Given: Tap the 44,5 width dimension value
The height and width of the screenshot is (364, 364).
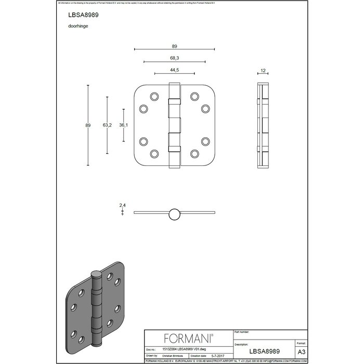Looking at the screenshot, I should coord(174,69).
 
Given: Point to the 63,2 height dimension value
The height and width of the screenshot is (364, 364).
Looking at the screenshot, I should coord(107,125).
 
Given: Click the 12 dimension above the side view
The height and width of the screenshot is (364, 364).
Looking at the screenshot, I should coord(264,69).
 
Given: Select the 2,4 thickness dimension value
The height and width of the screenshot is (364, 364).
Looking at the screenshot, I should coord(122,205).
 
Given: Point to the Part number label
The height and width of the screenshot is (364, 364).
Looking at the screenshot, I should coord(246,331).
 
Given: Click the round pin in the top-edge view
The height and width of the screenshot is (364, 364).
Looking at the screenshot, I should coord(174,213).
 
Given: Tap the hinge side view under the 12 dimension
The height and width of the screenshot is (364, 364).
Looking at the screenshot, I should coord(264,125).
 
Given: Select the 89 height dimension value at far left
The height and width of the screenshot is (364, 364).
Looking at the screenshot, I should coord(89,125).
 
